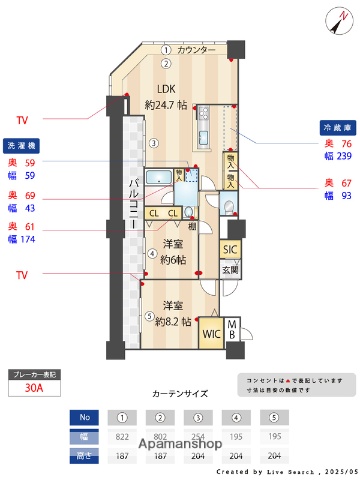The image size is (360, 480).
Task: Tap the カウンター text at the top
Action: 196,49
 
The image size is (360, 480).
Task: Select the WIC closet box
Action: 212,334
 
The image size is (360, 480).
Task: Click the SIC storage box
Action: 230,250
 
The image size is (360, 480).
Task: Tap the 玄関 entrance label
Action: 230,270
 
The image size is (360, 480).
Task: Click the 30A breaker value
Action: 34,391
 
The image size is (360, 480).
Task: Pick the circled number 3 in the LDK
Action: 153,143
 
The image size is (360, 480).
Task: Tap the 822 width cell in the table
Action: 121,437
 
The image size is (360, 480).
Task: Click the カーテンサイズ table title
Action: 180,395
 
